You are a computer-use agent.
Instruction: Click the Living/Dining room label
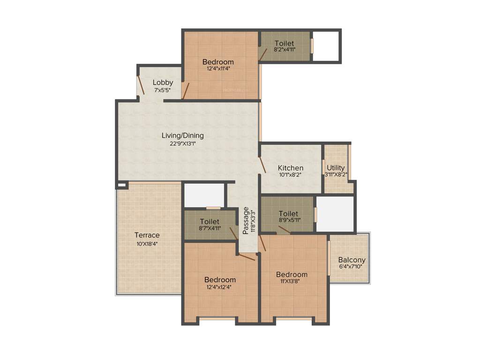(x=182, y=135)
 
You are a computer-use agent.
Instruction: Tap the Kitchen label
(x=291, y=168)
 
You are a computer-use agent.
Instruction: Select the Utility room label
(x=336, y=168)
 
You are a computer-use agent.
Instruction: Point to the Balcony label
(x=352, y=260)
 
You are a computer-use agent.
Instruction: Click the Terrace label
(x=147, y=235)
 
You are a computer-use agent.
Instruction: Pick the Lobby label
(x=163, y=82)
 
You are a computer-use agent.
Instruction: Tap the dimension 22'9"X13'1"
(x=182, y=143)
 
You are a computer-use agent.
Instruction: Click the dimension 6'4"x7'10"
(x=351, y=267)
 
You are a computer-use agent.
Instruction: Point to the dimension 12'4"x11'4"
(x=218, y=68)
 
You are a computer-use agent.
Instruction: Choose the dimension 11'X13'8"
(x=292, y=281)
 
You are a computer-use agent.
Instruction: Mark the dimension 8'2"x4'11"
(x=285, y=49)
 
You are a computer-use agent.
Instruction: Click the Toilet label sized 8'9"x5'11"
(x=288, y=213)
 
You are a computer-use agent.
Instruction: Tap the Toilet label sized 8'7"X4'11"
(x=210, y=221)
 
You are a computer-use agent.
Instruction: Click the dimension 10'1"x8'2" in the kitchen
(x=291, y=175)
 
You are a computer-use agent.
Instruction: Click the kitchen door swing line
(x=262, y=165)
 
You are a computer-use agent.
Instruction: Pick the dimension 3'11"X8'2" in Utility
(x=336, y=175)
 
